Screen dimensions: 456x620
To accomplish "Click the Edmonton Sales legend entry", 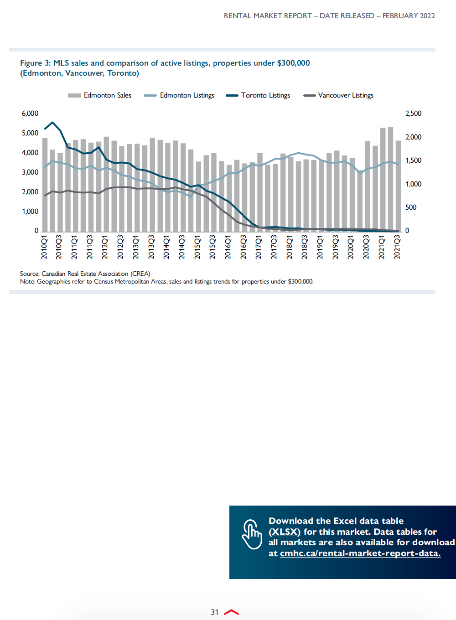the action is pyautogui.click(x=100, y=95).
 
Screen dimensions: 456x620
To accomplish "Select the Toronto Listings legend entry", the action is pyautogui.click(x=258, y=95).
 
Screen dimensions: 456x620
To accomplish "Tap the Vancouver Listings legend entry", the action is pyautogui.click(x=338, y=95).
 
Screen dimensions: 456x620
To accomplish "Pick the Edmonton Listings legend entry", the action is pyautogui.click(x=179, y=95).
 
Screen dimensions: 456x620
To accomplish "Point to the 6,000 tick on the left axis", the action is pyautogui.click(x=30, y=114).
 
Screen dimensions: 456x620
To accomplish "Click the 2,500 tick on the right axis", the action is pyautogui.click(x=413, y=114).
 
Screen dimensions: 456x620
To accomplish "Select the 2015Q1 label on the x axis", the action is pyautogui.click(x=197, y=247).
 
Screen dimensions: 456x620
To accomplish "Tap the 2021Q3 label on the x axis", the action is pyautogui.click(x=397, y=247).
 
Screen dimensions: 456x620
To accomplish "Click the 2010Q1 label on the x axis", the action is pyautogui.click(x=44, y=247).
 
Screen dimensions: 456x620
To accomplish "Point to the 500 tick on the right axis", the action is pyautogui.click(x=411, y=207).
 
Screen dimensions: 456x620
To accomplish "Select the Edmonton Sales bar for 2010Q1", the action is pyautogui.click(x=45, y=185).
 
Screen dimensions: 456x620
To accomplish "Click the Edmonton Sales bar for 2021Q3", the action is pyautogui.click(x=398, y=186).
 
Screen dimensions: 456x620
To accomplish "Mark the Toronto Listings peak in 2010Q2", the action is pyautogui.click(x=52, y=122).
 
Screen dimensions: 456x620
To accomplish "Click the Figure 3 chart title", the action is pyautogui.click(x=165, y=68).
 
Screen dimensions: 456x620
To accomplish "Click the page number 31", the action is pyautogui.click(x=215, y=612).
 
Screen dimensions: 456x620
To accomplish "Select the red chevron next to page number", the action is pyautogui.click(x=232, y=612).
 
